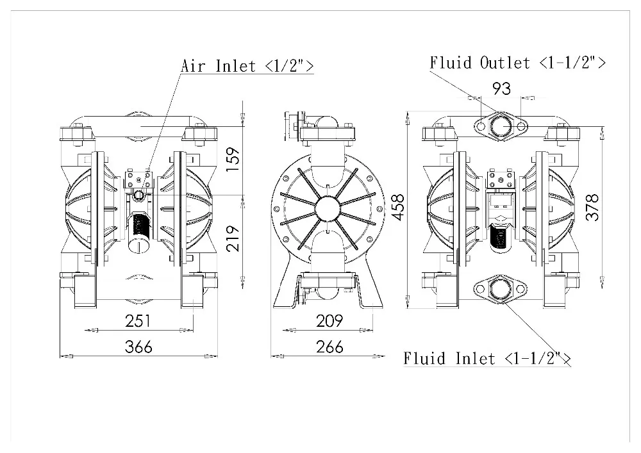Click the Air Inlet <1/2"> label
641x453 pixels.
[247, 65]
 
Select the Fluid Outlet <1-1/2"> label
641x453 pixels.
[517, 62]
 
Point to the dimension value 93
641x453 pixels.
[501, 88]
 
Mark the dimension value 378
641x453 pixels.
[594, 208]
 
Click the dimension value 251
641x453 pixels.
[138, 320]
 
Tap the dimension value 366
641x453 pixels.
[138, 347]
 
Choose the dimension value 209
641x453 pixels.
[329, 320]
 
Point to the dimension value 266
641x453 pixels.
[329, 347]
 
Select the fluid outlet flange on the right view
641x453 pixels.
[500, 126]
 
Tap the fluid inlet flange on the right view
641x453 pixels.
[500, 289]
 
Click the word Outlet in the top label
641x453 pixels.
[505, 62]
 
